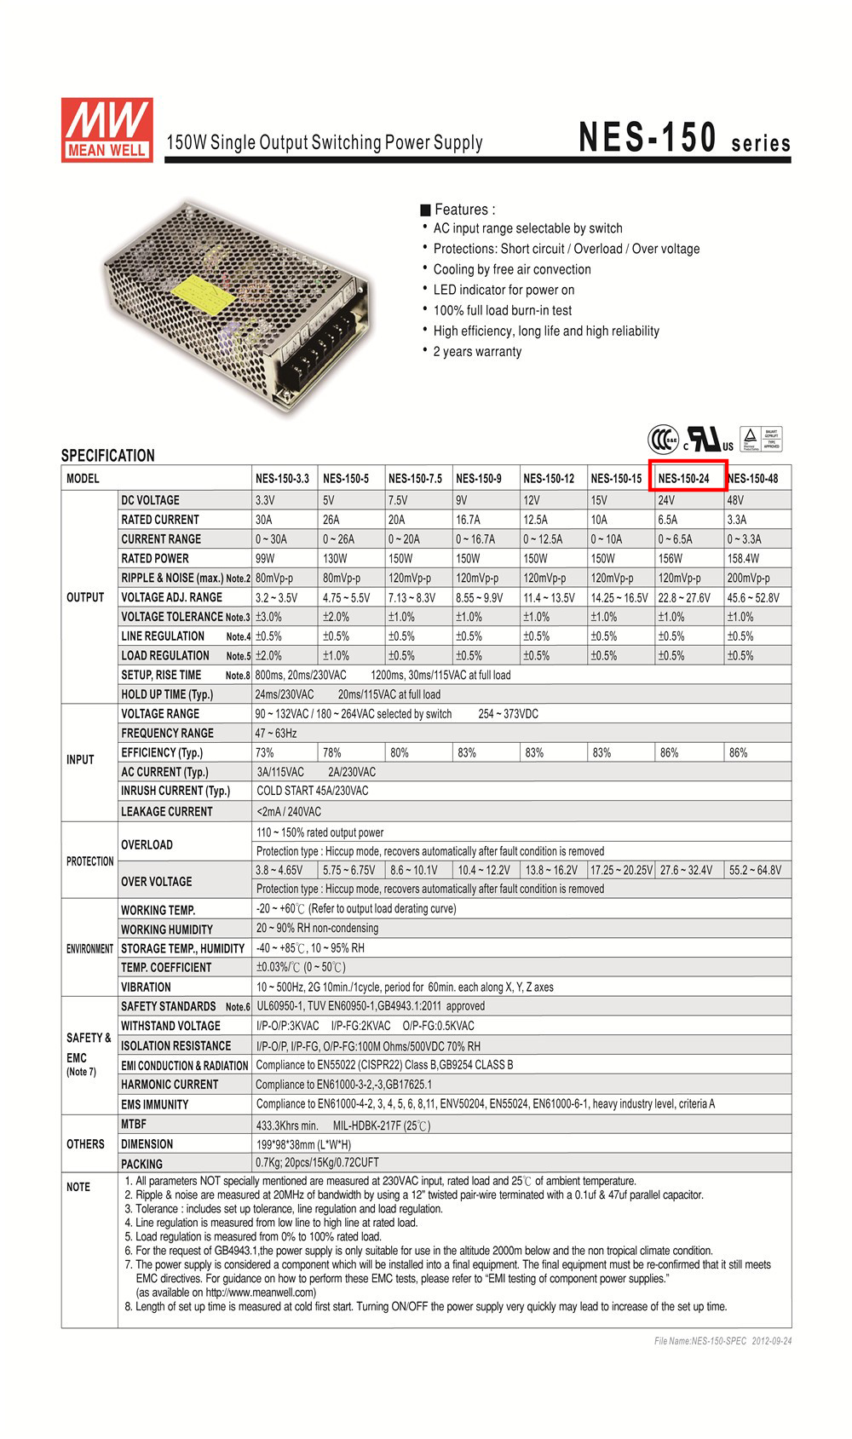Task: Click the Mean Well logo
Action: (106, 130)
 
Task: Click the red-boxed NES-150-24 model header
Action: (686, 478)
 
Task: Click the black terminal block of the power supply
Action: (321, 349)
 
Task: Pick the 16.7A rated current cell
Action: (468, 520)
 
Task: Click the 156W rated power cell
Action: (671, 559)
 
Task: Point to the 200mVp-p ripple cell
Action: (748, 578)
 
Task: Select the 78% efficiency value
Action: (331, 753)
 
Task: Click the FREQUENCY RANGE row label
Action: (167, 734)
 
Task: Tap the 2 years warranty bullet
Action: (476, 352)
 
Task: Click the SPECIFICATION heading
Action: (107, 456)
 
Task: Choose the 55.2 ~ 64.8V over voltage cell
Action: (754, 871)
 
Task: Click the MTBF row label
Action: (134, 1125)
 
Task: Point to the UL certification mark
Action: (710, 440)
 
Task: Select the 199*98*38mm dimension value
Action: (303, 1145)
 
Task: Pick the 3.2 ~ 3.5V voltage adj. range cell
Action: (277, 598)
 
